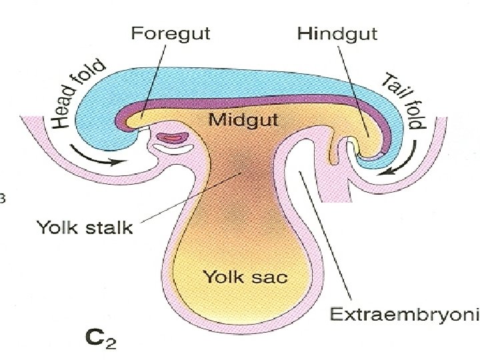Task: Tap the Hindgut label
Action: pos(329,35)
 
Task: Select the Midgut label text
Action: pos(239,121)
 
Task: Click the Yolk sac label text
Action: pos(242,275)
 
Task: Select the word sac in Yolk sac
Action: pos(267,275)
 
